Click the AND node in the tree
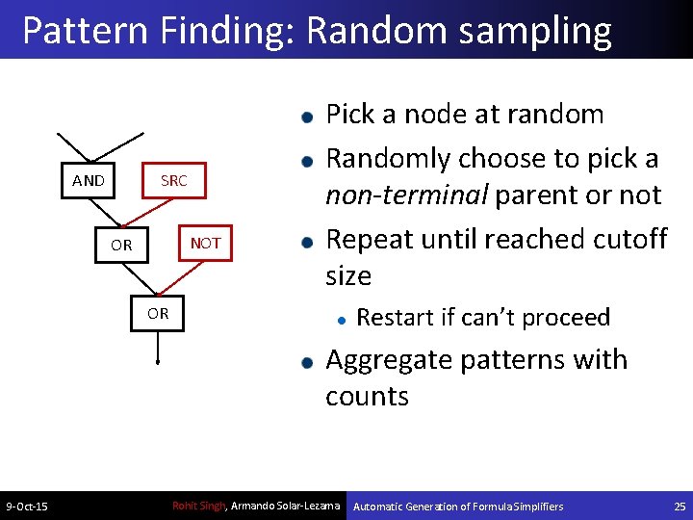tap(89, 180)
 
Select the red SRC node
tap(174, 180)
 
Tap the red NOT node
tap(206, 244)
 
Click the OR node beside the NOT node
tap(121, 245)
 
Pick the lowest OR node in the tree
tap(158, 313)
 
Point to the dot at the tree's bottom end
tap(159, 364)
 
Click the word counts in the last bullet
tap(367, 396)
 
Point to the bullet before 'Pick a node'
tap(305, 117)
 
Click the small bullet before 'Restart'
tap(340, 318)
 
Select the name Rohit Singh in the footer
tap(197, 506)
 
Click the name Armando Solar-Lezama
tap(286, 506)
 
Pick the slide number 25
tap(680, 506)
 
